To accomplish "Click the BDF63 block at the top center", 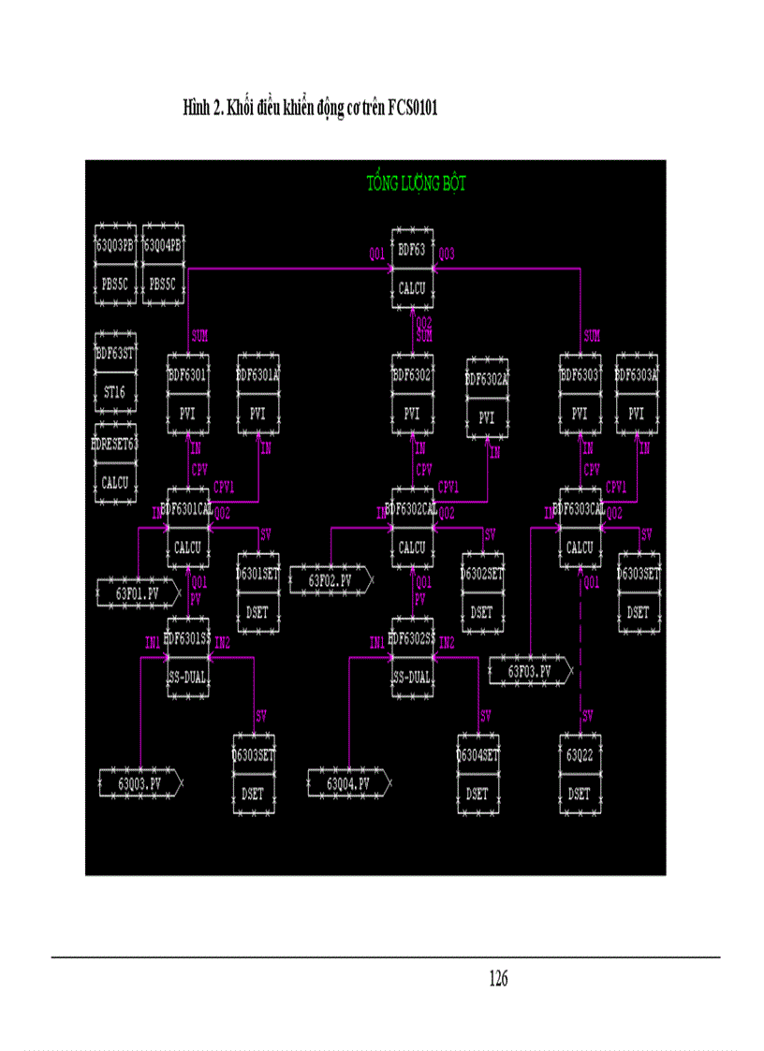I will (412, 269).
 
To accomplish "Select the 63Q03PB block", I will (115, 265).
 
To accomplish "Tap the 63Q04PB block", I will (161, 265).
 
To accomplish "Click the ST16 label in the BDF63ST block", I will (115, 392).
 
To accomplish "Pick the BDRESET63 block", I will (115, 466).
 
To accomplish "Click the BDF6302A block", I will (486, 398).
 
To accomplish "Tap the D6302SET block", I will (481, 592).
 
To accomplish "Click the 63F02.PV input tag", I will (331, 580).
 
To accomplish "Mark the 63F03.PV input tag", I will (530, 671).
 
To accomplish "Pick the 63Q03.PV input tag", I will (140, 782).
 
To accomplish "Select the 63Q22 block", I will (580, 774).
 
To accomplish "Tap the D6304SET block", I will (477, 774).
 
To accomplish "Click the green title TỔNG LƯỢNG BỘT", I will (416, 183).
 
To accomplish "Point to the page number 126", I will (498, 979).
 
